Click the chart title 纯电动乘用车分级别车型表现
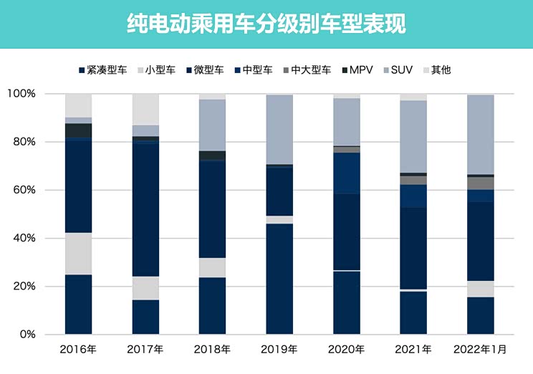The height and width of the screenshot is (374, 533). point(266,24)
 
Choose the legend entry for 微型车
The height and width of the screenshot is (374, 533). point(204,70)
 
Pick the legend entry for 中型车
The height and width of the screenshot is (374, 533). point(254,70)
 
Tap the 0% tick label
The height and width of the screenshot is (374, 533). point(27,335)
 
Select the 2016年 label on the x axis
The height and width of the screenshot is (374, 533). point(78,350)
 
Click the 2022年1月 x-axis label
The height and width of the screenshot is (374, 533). point(480,350)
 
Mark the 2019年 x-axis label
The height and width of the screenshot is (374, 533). point(279,350)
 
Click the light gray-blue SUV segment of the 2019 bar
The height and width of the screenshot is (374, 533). point(279,129)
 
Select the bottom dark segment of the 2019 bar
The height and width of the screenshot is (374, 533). point(279,279)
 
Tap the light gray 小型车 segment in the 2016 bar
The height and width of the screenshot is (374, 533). point(78,254)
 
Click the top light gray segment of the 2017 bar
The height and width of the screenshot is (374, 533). point(145,109)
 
